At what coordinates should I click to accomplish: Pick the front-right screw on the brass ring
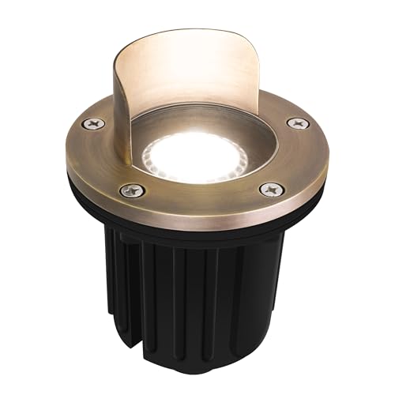click(x=272, y=190)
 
